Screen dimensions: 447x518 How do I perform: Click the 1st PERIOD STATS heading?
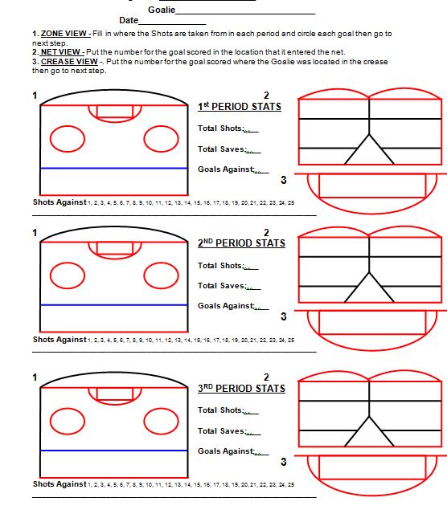[x=240, y=107]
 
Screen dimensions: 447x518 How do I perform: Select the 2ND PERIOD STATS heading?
[x=241, y=243]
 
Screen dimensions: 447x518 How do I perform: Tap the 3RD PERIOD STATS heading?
[x=241, y=388]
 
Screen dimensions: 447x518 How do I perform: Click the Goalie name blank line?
[x=245, y=14]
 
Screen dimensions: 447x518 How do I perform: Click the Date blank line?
[x=172, y=24]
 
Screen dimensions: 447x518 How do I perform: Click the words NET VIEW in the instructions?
[x=60, y=52]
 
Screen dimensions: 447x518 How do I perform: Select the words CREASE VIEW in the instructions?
[x=69, y=62]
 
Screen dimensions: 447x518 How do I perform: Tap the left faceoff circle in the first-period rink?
[x=68, y=126]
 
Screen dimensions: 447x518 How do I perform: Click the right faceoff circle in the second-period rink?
[x=162, y=263]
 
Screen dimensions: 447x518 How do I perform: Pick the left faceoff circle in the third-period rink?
[x=68, y=409]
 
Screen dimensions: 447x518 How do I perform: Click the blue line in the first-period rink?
[x=114, y=169]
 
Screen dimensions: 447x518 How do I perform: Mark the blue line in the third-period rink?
[x=114, y=451]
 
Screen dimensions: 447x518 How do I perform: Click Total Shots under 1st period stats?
[x=221, y=128]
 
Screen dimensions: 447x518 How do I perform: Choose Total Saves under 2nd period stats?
[x=222, y=286]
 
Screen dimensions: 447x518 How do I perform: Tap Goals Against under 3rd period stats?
[x=226, y=451]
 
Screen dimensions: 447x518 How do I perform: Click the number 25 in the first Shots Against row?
[x=291, y=203]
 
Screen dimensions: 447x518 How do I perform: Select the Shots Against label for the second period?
[x=59, y=340]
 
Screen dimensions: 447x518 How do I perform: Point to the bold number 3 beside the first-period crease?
[x=283, y=180]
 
